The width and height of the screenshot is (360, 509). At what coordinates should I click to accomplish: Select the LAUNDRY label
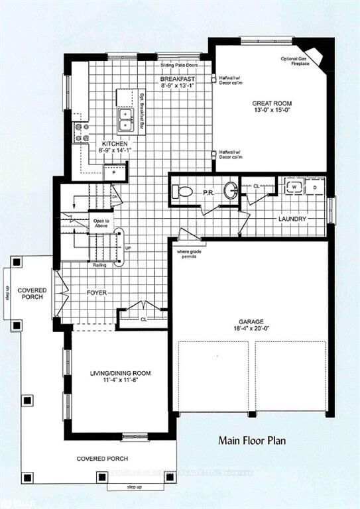(292, 219)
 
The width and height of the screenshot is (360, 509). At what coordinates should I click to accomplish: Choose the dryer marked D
(314, 188)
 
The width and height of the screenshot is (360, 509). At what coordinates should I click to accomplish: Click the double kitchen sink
(125, 119)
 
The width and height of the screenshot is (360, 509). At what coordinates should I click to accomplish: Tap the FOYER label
(97, 292)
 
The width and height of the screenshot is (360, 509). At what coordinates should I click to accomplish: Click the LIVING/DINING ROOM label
(120, 374)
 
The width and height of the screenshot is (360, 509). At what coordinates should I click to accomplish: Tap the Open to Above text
(101, 223)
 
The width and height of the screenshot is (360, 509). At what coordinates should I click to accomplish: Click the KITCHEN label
(113, 144)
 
